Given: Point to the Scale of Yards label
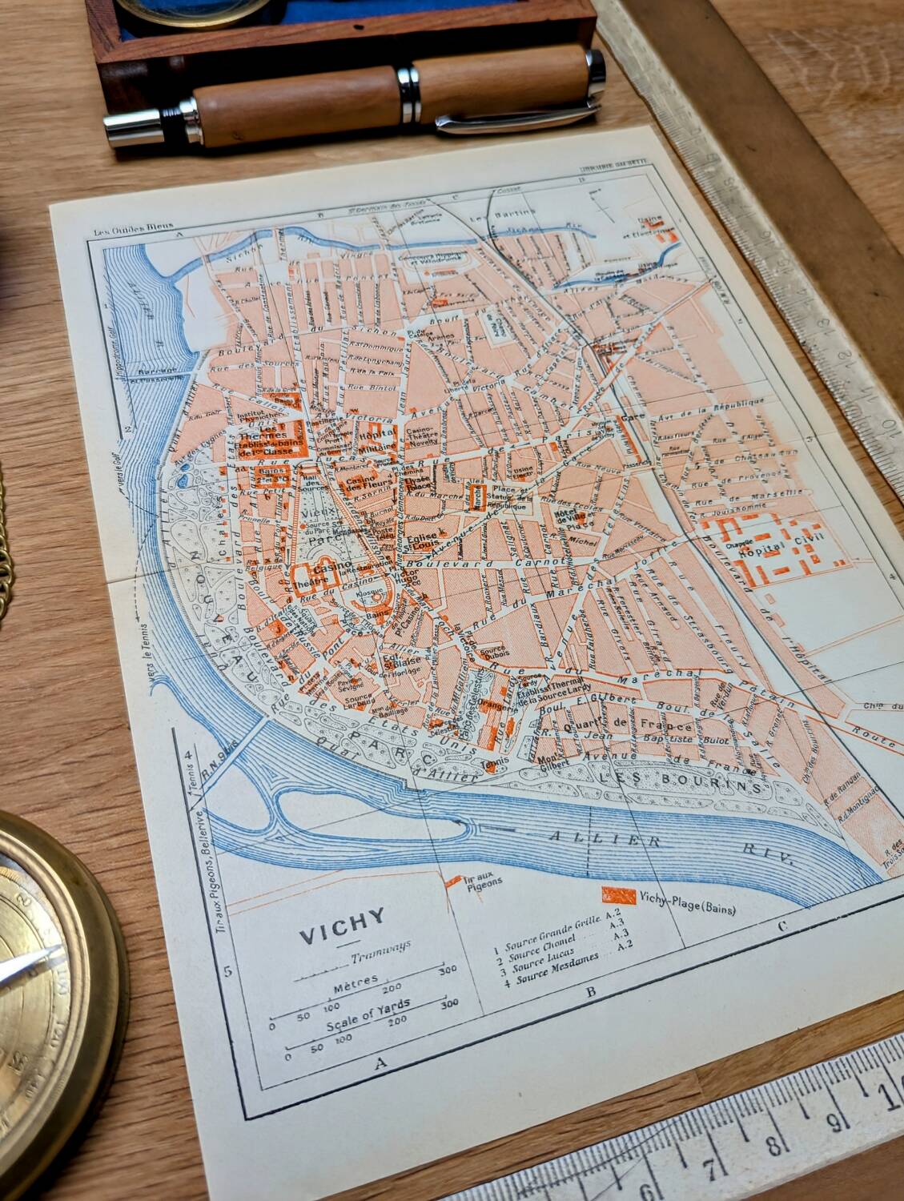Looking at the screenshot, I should click(368, 1014).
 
